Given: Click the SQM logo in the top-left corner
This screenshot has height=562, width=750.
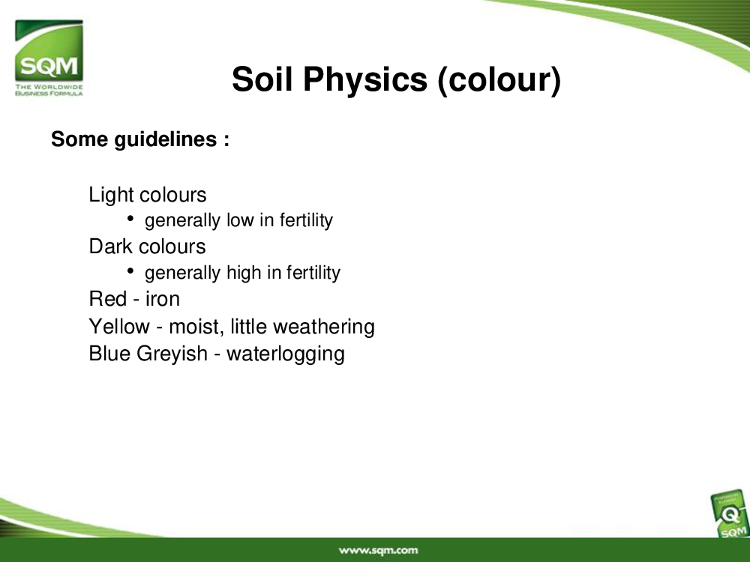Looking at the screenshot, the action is [49, 58].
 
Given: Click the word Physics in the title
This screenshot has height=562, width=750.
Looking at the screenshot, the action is [365, 80].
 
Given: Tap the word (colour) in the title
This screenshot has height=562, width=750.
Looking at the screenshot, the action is [499, 80].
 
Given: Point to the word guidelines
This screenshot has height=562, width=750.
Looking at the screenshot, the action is [166, 140].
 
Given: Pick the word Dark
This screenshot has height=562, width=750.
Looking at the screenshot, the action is [112, 247].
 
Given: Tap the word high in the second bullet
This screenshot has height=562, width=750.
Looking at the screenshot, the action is [244, 273].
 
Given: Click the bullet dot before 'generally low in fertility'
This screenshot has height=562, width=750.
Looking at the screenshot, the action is [130, 218].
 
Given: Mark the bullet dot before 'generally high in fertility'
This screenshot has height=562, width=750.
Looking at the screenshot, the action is [130, 271].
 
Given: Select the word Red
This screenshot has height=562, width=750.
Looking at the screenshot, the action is [107, 299].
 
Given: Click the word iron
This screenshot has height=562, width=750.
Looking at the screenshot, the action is [163, 299].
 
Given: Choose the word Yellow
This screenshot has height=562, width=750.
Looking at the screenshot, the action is [119, 327].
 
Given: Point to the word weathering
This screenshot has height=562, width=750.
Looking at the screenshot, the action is [323, 327].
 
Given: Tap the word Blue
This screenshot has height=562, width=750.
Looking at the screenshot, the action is [109, 354].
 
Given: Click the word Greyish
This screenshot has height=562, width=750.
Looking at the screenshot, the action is [172, 354].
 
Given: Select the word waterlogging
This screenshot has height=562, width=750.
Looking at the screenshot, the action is [286, 354].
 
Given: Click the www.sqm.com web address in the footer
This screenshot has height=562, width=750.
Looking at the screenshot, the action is [378, 551].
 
